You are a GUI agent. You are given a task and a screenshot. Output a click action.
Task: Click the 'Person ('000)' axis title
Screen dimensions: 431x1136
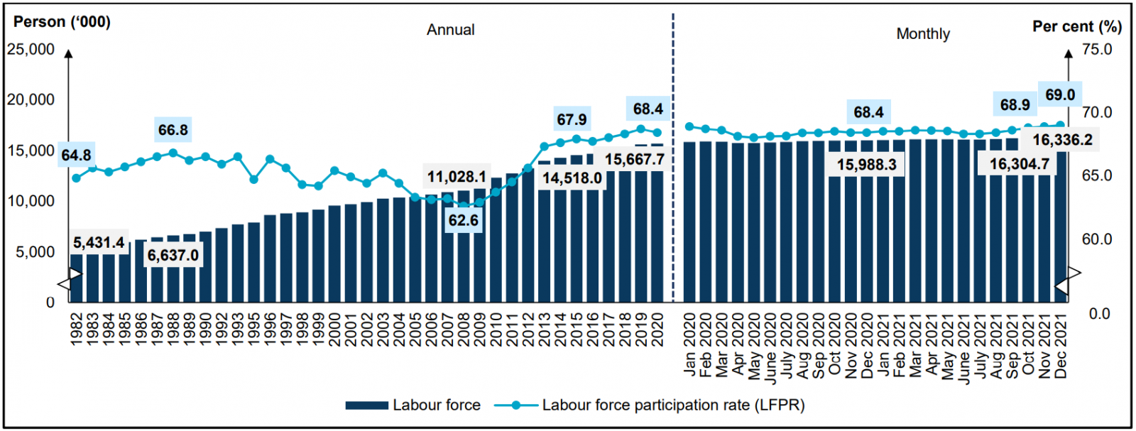pos(62,22)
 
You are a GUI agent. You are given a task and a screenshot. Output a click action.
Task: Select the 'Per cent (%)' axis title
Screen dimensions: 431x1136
pos(1076,27)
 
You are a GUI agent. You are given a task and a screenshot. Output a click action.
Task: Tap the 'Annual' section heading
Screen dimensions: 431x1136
pos(450,30)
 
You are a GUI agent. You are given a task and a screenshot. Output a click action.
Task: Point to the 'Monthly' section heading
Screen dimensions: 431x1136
pos(922,34)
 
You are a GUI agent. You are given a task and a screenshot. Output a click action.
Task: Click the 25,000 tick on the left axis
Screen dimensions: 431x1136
pos(31,50)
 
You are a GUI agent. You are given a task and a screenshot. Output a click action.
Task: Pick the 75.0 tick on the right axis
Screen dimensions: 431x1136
pos(1097,50)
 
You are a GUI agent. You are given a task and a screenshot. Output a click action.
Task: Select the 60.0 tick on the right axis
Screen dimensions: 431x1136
pos(1097,239)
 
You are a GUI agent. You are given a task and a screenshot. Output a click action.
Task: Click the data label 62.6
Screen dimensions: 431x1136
pos(463,221)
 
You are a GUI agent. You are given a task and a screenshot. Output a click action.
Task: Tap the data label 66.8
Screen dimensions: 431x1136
pos(173,130)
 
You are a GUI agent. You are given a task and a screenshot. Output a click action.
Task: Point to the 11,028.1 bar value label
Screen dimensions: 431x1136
pos(457,176)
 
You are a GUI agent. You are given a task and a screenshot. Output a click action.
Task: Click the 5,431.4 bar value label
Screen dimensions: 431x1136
pos(99,243)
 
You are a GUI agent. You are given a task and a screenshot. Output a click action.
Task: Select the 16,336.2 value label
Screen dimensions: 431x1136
pos(1062,140)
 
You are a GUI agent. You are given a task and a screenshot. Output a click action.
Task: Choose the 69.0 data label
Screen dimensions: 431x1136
pos(1059,95)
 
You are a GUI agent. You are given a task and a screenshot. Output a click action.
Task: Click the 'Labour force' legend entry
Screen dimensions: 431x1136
pos(413,405)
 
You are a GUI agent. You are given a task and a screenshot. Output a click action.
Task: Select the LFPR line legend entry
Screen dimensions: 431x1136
pos(650,405)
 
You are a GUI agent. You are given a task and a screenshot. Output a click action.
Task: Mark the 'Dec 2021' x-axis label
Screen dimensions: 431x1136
pos(1061,345)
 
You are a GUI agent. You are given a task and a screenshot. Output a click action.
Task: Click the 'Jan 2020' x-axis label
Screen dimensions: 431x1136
pos(689,345)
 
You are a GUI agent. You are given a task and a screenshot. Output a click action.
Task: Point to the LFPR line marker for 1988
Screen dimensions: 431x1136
pos(173,153)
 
